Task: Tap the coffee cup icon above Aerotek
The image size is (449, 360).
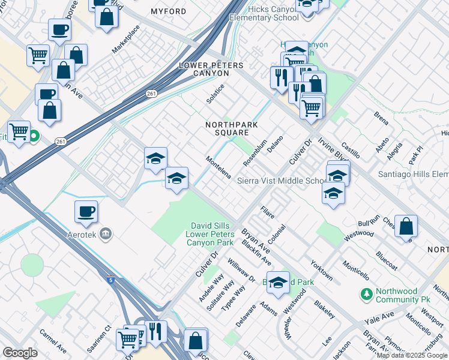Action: click(86, 211)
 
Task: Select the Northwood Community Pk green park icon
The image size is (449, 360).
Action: click(366, 295)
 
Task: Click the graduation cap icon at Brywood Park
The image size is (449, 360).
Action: click(278, 283)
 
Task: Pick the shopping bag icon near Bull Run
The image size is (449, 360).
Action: click(406, 226)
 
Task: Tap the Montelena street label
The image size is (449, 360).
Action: click(219, 167)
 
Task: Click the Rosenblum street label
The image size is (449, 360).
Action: click(255, 154)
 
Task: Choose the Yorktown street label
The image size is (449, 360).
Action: click(322, 270)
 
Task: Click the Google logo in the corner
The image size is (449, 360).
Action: click(20, 353)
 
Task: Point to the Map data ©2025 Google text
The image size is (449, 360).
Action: click(412, 355)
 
